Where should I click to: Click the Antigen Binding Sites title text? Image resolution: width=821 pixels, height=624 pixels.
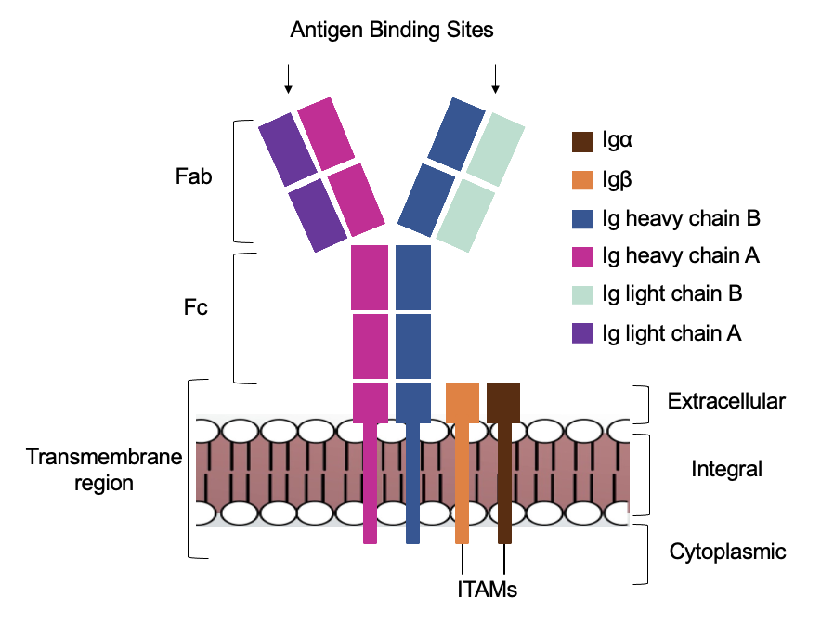391,30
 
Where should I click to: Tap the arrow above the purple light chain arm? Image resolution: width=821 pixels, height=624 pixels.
288,79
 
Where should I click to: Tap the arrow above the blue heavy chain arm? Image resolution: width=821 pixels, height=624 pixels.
495,79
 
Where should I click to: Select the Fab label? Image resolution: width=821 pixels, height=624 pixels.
194,176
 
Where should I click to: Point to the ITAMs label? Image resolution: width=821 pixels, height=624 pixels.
487,589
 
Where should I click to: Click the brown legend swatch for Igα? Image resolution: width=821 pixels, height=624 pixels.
582,142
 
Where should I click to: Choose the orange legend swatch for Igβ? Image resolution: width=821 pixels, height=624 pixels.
582,180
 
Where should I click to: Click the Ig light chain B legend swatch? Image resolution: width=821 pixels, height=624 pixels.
582,293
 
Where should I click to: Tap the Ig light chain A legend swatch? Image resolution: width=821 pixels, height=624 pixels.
582,331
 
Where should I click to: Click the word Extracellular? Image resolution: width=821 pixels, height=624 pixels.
726,401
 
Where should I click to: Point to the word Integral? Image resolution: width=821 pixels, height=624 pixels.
726,470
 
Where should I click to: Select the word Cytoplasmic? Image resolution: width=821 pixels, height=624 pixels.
727,552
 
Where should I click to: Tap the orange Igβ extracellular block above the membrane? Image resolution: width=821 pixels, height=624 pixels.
463,401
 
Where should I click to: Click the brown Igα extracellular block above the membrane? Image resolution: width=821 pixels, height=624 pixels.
503,401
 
